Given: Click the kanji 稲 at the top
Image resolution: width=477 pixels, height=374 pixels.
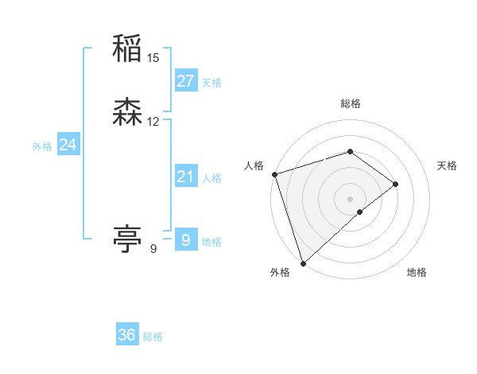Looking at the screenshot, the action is (127, 50).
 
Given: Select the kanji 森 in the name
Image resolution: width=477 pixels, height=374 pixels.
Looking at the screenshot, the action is (127, 114).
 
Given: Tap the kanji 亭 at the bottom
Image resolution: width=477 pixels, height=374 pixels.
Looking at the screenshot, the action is (127, 238).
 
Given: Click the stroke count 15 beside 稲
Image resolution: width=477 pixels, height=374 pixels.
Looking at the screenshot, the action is (153, 58).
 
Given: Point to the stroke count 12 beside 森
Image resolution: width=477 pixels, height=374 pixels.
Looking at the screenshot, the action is (153, 122).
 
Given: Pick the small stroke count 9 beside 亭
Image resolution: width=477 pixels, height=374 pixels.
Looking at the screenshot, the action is (153, 249).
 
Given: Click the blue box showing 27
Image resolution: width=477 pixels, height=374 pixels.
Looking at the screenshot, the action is (185, 80).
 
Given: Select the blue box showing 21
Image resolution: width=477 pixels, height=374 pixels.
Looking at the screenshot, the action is (185, 177).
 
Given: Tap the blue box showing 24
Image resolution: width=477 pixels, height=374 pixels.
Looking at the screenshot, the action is (68, 145).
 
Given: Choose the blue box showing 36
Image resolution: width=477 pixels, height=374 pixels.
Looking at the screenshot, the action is (127, 335).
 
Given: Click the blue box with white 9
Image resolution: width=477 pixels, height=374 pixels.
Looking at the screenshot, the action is (185, 240).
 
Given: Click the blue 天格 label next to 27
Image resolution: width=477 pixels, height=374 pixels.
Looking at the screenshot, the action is (211, 83).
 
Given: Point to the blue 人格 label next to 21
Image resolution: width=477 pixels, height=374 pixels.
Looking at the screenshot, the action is (211, 178).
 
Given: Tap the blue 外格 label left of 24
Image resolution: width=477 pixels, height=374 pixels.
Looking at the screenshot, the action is (42, 146).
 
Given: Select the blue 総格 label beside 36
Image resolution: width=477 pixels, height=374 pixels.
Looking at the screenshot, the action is (153, 337).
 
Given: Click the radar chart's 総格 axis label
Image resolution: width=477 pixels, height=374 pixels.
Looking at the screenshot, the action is (351, 103).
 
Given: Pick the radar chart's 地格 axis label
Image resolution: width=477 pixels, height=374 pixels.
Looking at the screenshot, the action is (417, 272).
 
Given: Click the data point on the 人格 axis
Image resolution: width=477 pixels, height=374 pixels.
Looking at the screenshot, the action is (274, 173).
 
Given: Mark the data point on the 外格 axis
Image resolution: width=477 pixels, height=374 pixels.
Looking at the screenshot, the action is (303, 263).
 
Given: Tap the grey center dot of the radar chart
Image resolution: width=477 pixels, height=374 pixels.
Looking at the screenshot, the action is (351, 197).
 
